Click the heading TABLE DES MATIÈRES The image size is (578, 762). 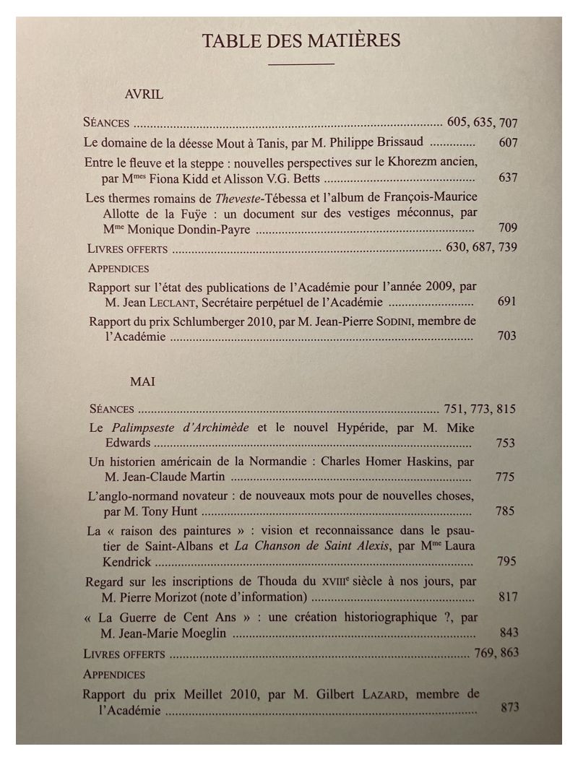(x=301, y=40)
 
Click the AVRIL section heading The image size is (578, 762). (x=144, y=94)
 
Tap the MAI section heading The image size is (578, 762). (x=143, y=380)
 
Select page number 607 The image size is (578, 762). (x=508, y=142)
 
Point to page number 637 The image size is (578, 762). (x=508, y=178)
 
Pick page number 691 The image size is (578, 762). (x=507, y=301)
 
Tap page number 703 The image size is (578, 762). (x=507, y=336)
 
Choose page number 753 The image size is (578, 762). (x=506, y=443)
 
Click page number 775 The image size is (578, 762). (x=506, y=477)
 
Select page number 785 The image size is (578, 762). (x=506, y=511)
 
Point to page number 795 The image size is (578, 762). (x=506, y=561)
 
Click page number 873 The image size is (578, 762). (x=509, y=708)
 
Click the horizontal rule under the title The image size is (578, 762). (x=301, y=65)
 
